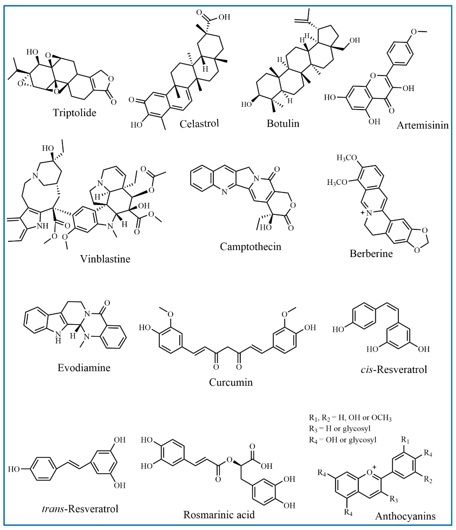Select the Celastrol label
[x=199, y=124]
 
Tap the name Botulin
[x=283, y=124]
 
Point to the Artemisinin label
[x=423, y=125]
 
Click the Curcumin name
[x=231, y=382]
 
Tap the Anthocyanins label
[x=405, y=516]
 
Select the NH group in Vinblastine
[x=42, y=226]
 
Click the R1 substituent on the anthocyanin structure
[x=405, y=440]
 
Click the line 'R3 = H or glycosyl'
[x=339, y=428]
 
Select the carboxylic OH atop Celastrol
[x=224, y=17]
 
